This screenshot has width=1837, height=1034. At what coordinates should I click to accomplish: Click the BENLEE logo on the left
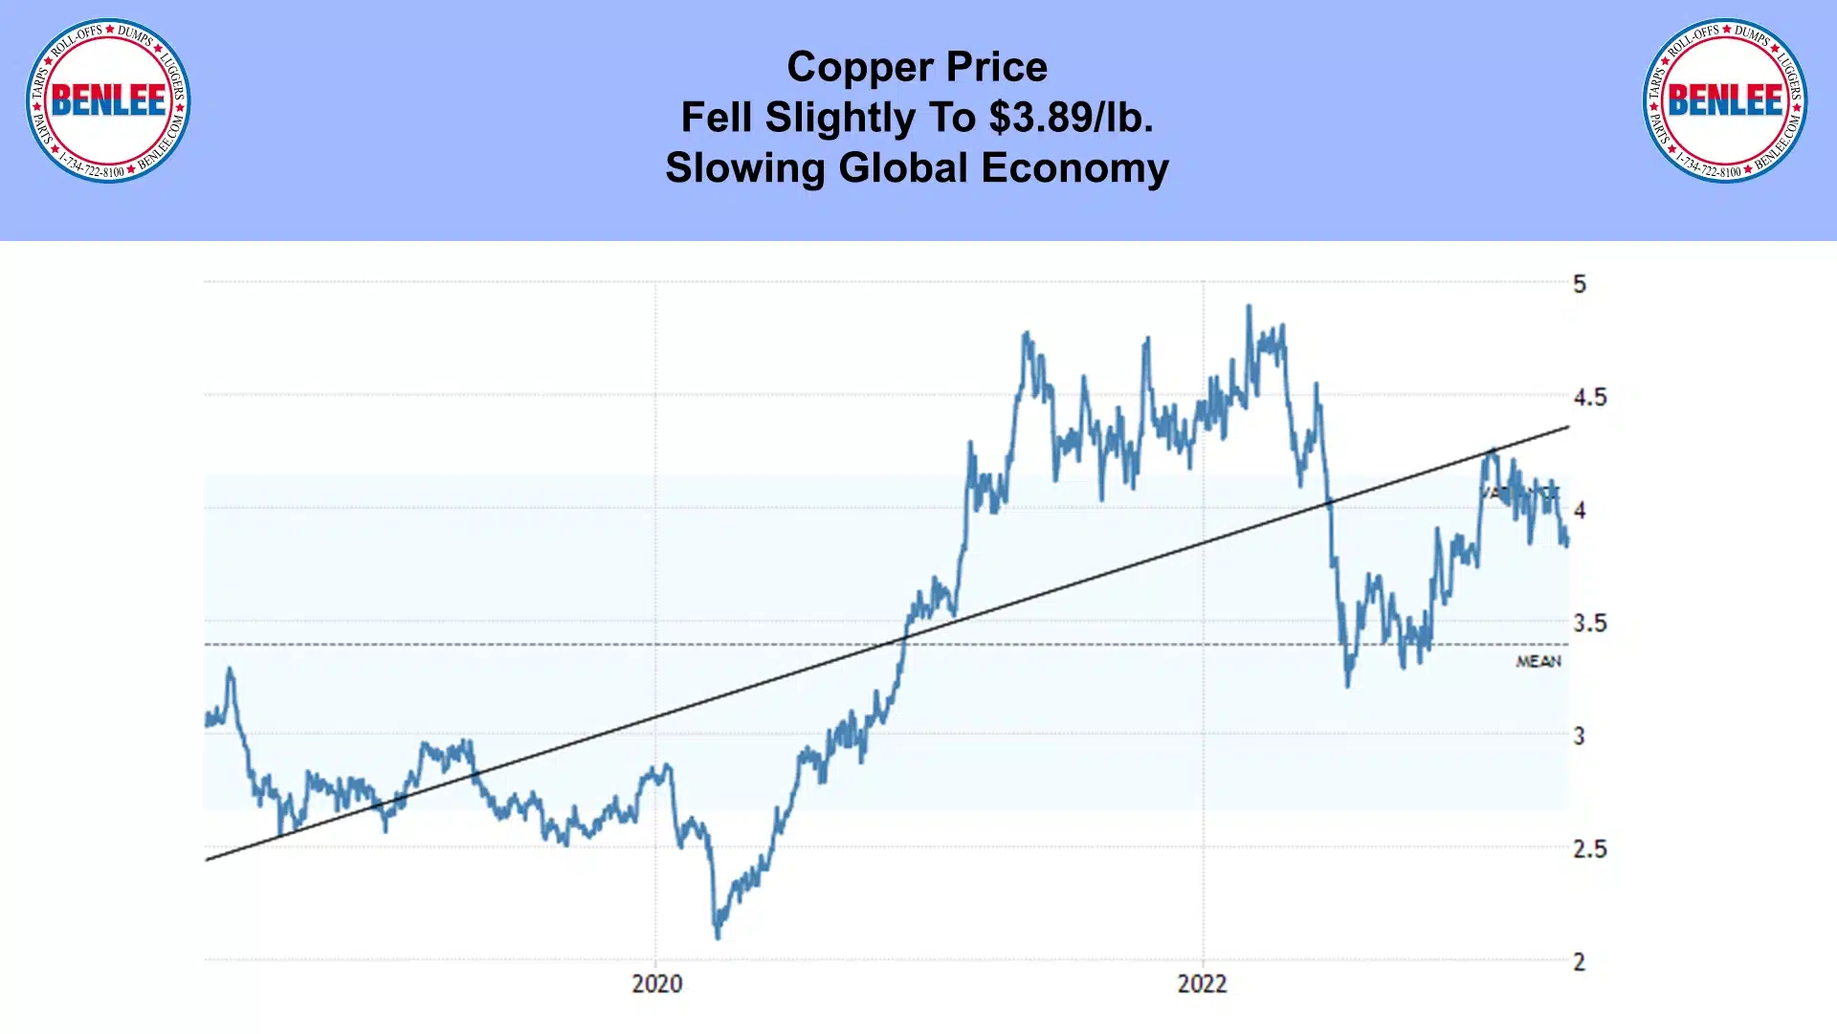pyautogui.click(x=108, y=100)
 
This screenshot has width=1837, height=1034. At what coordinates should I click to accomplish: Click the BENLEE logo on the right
pyautogui.click(x=1725, y=100)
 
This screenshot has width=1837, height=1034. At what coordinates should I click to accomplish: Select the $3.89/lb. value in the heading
pyautogui.click(x=1071, y=118)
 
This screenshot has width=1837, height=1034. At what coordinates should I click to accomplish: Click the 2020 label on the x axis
pyautogui.click(x=657, y=983)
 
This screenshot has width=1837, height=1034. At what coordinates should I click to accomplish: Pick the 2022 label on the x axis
pyautogui.click(x=1202, y=983)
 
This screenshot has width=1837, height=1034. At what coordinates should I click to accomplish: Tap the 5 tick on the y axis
pyautogui.click(x=1580, y=284)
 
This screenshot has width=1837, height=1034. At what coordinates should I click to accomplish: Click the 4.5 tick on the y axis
pyautogui.click(x=1590, y=397)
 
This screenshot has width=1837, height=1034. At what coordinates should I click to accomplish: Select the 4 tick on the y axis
pyautogui.click(x=1580, y=511)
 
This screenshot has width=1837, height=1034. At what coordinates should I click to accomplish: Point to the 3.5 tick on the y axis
pyautogui.click(x=1590, y=624)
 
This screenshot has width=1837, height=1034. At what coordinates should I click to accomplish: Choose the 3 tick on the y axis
pyautogui.click(x=1580, y=737)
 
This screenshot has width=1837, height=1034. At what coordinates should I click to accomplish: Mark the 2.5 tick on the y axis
pyautogui.click(x=1590, y=849)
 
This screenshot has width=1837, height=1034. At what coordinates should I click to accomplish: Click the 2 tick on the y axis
pyautogui.click(x=1580, y=962)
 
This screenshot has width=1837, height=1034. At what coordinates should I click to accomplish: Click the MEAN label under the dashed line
pyautogui.click(x=1538, y=662)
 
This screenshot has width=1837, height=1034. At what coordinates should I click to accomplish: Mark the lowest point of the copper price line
pyautogui.click(x=718, y=936)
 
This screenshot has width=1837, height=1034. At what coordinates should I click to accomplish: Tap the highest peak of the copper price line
pyautogui.click(x=1249, y=307)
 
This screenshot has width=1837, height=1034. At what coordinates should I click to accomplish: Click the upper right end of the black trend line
pyautogui.click(x=1567, y=428)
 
